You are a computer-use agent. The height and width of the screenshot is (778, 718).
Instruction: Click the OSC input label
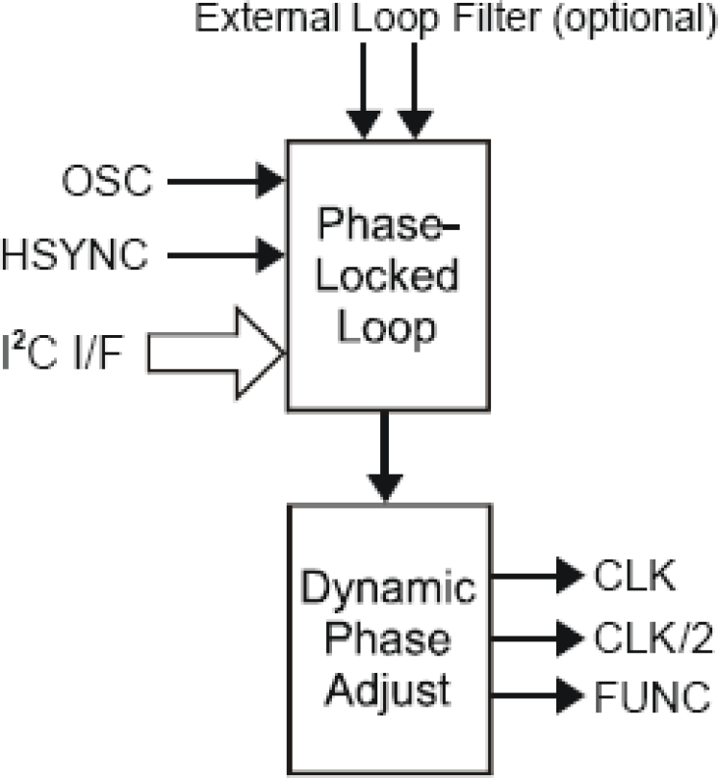point(107,181)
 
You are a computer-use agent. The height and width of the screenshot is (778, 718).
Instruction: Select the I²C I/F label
point(73,355)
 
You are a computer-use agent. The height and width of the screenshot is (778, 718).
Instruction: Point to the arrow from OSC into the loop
point(225,181)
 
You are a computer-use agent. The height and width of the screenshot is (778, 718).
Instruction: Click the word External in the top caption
point(255,17)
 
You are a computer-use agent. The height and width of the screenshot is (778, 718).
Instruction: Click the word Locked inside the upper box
point(388,278)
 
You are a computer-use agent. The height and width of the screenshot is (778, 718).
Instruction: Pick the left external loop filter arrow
point(364,89)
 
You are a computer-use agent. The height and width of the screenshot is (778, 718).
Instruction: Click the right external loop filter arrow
point(415,89)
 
